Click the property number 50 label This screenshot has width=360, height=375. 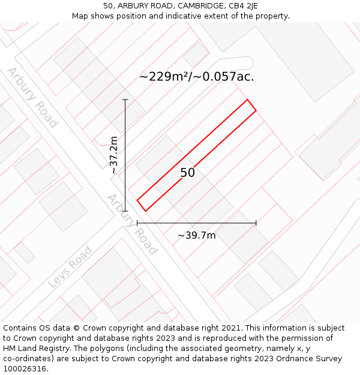188,173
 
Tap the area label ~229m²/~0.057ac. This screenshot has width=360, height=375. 196,77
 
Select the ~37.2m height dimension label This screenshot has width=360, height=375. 114,155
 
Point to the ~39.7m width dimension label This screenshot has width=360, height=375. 196,235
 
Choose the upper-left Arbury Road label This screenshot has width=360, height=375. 32,97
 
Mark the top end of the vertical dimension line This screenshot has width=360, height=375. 125,100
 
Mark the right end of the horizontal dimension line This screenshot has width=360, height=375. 256,223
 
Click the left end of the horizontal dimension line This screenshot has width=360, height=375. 137,223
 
